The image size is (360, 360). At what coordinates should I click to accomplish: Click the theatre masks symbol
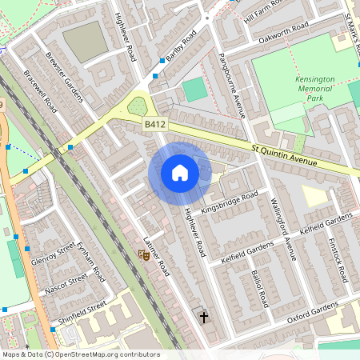(x=144, y=256)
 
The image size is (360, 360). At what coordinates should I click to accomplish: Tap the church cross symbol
(x=203, y=318)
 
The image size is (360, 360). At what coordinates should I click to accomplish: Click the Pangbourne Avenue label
(x=232, y=85)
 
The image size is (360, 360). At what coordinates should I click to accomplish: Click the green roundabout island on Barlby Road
(x=138, y=106)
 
